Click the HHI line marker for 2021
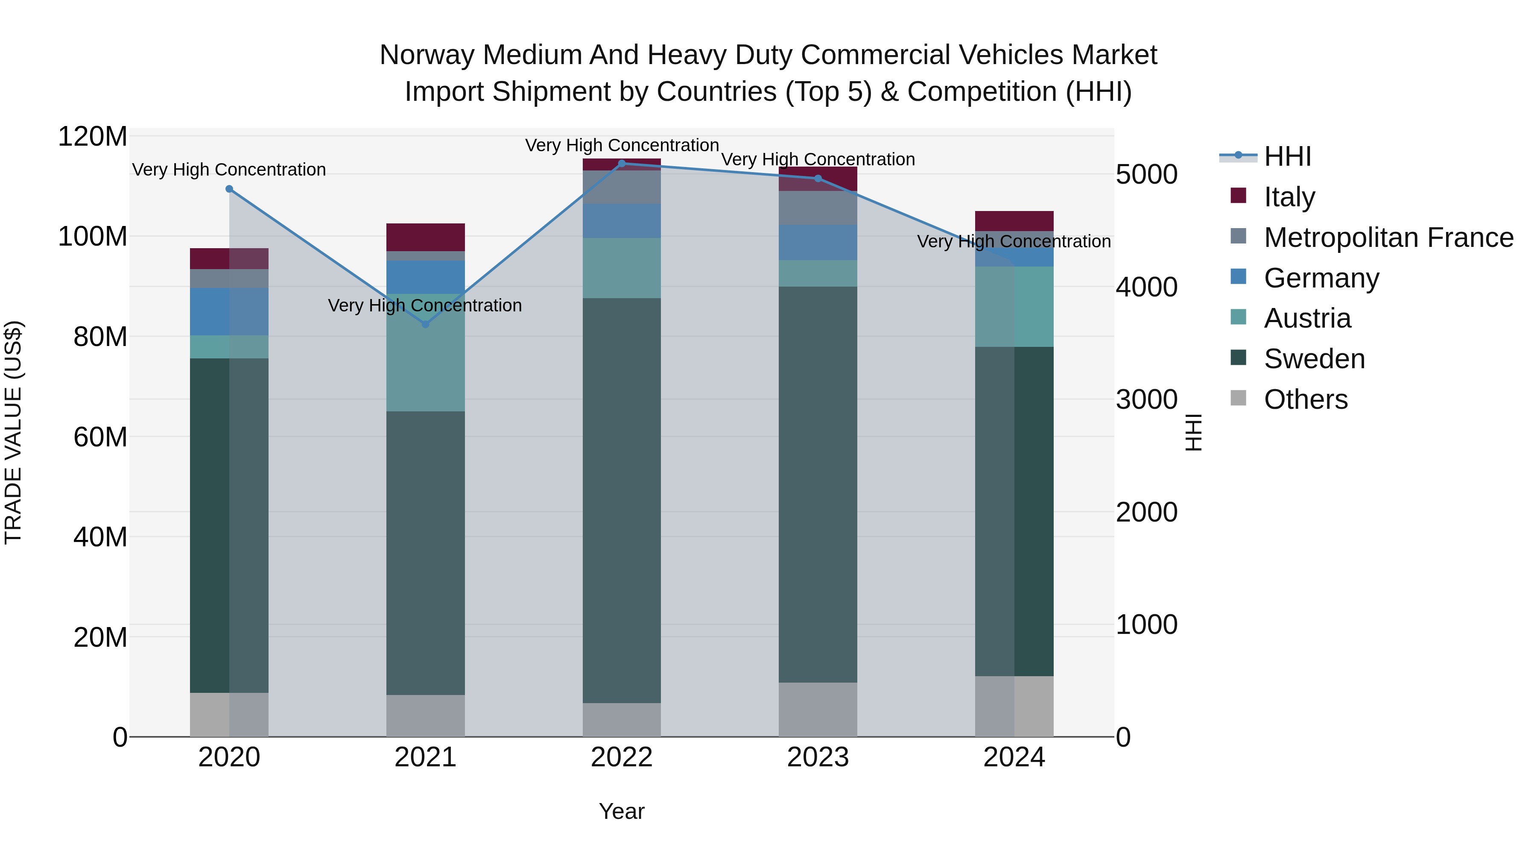pos(425,324)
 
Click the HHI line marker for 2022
pos(622,163)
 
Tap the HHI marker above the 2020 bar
pos(229,189)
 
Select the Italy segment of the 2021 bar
pos(425,237)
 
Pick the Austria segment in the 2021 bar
pos(425,352)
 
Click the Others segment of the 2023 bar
pos(818,709)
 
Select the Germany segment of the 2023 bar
pos(818,242)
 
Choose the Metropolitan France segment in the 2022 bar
pos(622,187)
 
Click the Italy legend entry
pos(1289,196)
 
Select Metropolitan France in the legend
pos(1388,237)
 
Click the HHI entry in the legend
pos(1287,156)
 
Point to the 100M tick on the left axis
pos(93,236)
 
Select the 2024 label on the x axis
pos(1014,757)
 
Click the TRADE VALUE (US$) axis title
pos(13,432)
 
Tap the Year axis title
pos(622,811)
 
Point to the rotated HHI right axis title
pos(1193,432)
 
